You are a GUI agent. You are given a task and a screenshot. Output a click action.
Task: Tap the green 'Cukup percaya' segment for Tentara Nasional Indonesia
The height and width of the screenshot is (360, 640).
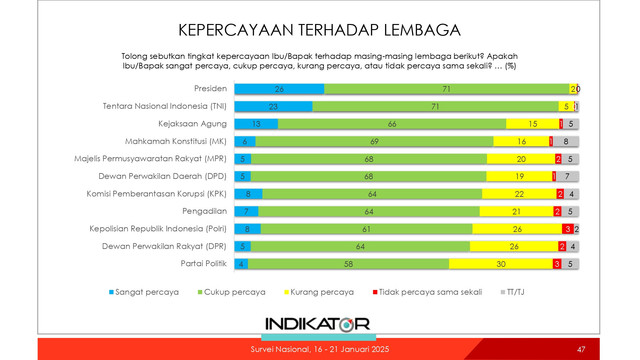click(434, 105)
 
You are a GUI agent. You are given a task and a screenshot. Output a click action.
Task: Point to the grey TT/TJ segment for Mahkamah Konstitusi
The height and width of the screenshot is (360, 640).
click(568, 141)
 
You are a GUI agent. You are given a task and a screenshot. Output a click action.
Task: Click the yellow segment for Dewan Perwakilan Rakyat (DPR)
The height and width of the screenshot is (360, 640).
click(514, 246)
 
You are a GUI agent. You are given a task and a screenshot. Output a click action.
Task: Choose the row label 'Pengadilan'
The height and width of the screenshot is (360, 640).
click(202, 211)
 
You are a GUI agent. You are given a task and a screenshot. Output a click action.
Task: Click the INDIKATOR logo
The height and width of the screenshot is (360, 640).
click(318, 323)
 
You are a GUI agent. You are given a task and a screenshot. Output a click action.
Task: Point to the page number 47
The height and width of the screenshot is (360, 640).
click(581, 349)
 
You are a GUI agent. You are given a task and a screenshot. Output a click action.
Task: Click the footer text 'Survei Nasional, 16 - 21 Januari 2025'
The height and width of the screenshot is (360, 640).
click(318, 349)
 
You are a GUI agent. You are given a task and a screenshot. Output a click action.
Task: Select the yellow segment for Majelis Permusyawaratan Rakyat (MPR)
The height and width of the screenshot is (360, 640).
click(519, 158)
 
